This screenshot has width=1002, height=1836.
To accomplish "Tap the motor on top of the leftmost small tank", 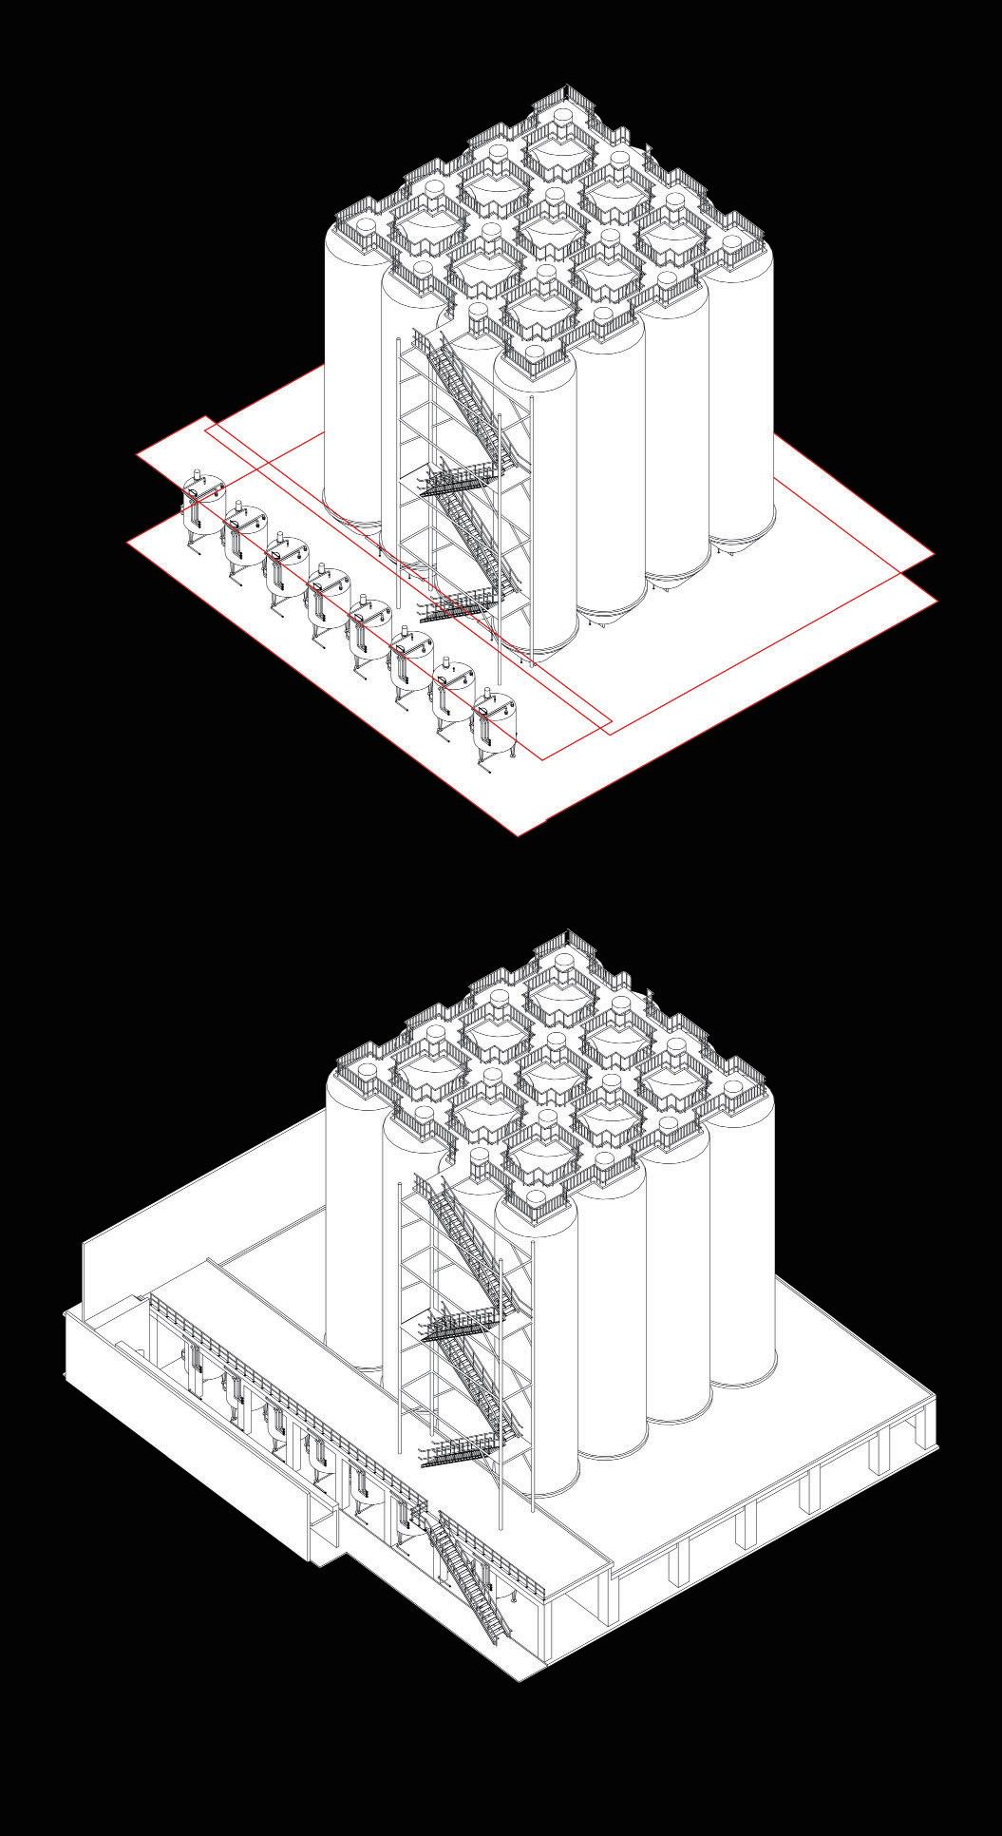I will coord(199,476).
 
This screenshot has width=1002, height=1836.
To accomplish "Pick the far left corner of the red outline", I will coord(128,542).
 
